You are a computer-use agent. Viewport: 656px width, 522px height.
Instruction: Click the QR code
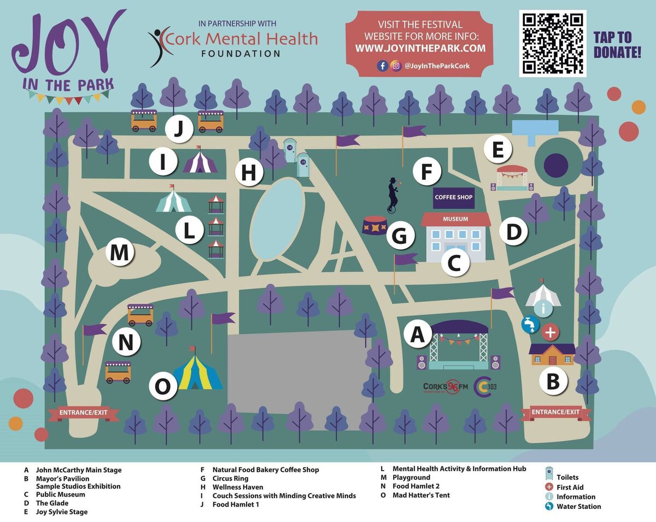(x=552, y=43)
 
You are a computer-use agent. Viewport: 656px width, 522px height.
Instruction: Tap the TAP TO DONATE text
(x=617, y=45)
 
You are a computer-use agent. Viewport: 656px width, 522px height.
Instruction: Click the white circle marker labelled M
(x=120, y=253)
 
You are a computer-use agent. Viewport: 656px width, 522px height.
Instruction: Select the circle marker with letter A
(x=417, y=333)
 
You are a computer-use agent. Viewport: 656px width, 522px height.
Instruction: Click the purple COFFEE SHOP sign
(x=453, y=197)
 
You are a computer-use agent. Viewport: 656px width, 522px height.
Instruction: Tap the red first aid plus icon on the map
(x=550, y=332)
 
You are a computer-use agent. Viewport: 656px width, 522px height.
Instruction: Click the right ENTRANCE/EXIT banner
(x=556, y=412)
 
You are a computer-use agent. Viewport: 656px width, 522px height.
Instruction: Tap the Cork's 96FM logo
(x=446, y=387)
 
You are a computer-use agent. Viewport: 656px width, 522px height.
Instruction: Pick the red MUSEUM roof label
(x=455, y=219)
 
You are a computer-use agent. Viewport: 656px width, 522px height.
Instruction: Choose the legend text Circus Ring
(x=230, y=479)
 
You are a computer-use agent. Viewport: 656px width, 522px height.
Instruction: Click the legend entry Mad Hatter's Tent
(x=421, y=495)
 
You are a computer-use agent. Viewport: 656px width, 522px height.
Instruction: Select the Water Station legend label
(x=578, y=507)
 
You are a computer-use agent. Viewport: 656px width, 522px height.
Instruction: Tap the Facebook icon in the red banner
(x=383, y=66)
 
